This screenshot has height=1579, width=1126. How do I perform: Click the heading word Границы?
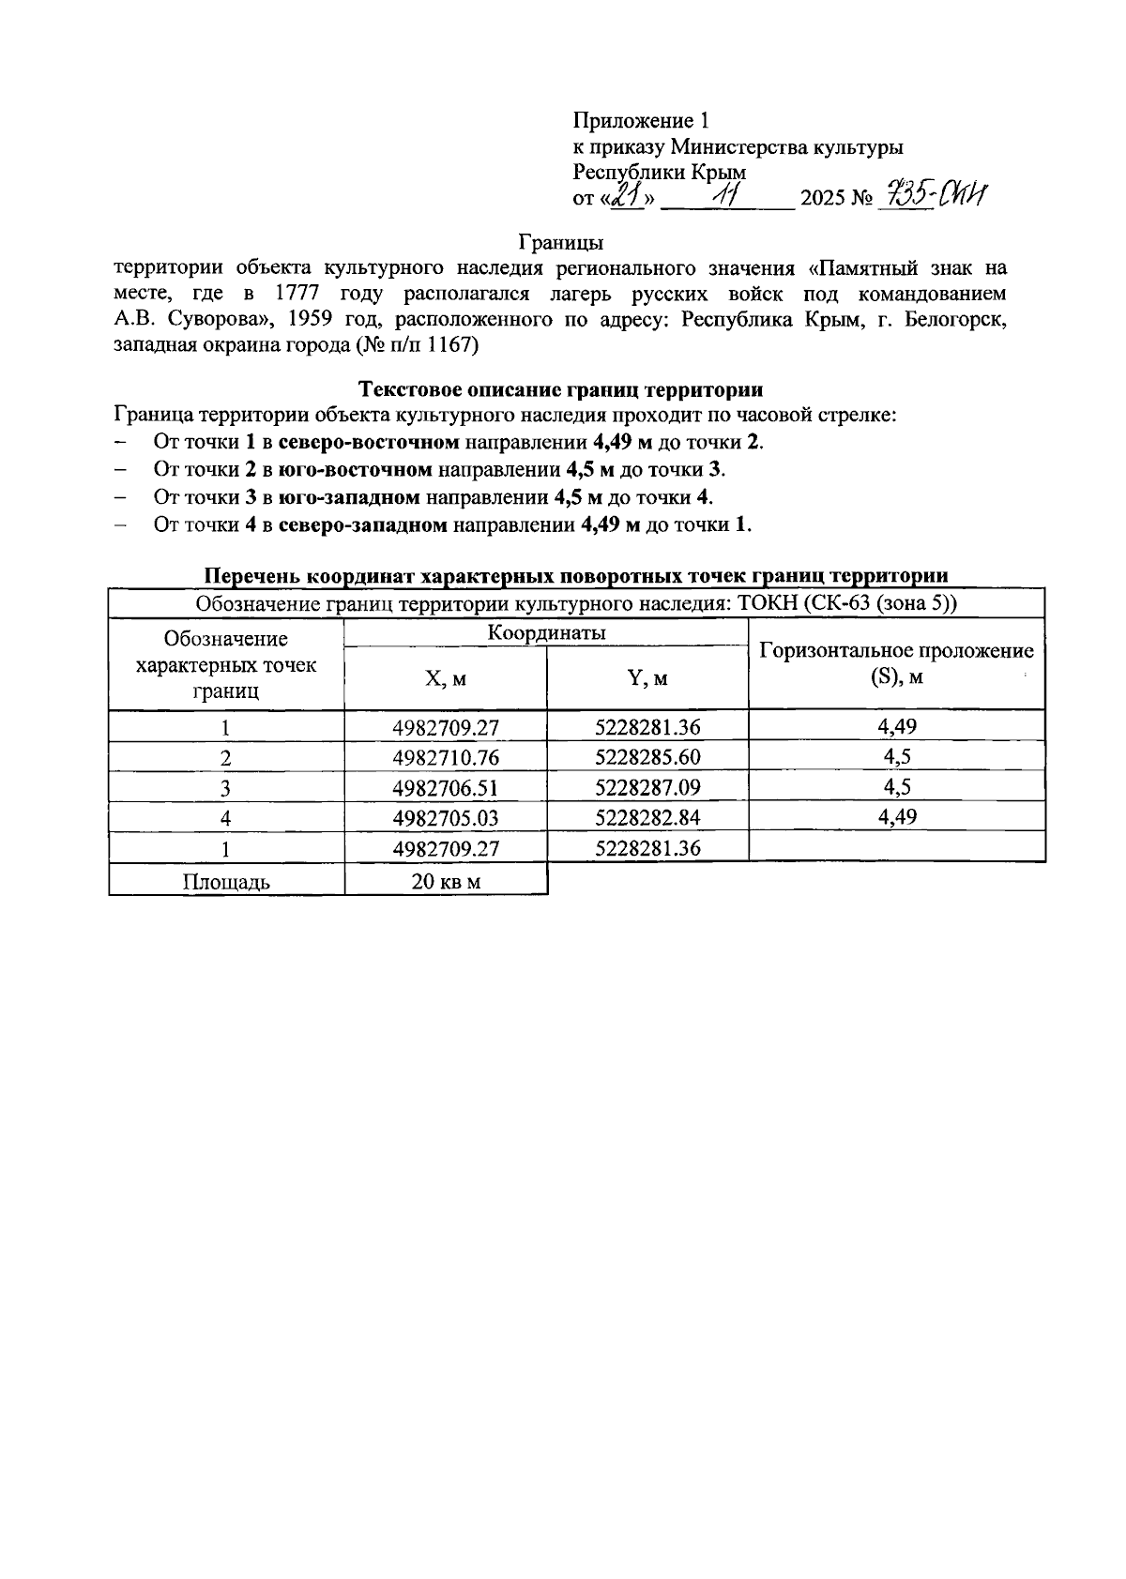[561, 243]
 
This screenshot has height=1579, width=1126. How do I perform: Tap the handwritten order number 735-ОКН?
[934, 195]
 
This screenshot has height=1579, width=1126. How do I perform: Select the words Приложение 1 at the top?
[642, 121]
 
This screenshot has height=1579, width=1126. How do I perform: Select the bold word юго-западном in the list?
[350, 496]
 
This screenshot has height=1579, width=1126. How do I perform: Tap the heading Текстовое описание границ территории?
[561, 389]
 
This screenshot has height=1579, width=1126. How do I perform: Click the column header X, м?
[445, 678]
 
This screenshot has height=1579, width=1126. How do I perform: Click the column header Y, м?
[647, 678]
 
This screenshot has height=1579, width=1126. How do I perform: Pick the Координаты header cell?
[546, 633]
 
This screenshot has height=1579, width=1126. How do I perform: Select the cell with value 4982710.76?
[445, 757]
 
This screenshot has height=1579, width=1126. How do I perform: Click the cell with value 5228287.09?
[647, 787]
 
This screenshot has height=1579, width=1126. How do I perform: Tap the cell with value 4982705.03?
[445, 817]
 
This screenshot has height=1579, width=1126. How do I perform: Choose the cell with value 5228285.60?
[647, 757]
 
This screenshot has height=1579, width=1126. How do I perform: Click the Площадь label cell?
[226, 881]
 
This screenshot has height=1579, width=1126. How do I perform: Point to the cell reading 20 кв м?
[445, 881]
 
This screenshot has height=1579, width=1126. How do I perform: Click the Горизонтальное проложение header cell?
[896, 663]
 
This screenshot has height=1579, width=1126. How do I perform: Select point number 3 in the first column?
[226, 787]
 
